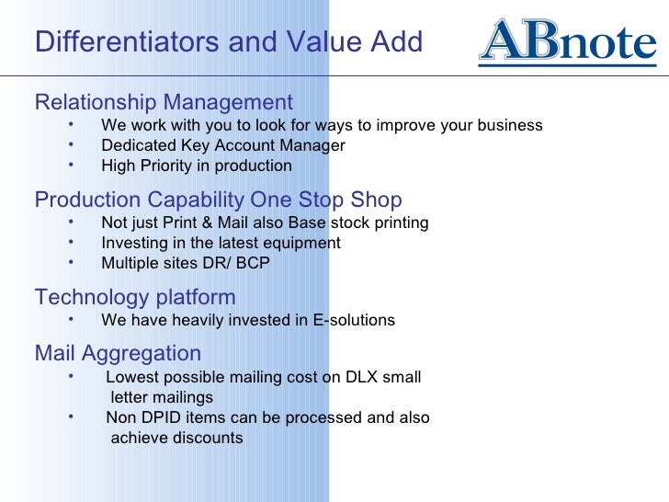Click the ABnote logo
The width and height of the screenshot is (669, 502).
click(567, 42)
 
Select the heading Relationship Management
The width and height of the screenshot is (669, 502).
click(164, 102)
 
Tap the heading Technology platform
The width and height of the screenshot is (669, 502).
click(135, 297)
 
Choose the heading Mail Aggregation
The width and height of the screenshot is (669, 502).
click(118, 353)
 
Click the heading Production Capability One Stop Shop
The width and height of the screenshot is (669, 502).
click(218, 200)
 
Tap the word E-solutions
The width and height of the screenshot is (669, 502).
click(354, 321)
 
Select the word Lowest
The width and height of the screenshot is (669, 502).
click(131, 378)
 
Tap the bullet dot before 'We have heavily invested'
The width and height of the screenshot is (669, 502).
click(71, 318)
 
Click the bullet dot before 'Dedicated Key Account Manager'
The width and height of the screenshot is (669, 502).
click(71, 143)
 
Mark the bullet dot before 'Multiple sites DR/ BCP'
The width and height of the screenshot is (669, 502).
click(71, 261)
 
